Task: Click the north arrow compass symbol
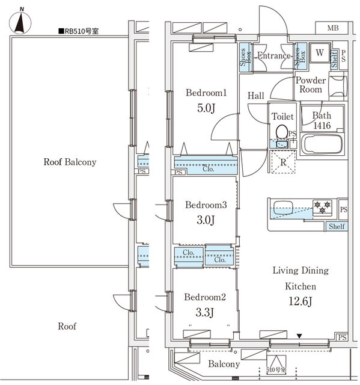tap(20, 22)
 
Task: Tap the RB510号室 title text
tap(79, 31)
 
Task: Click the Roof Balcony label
tap(70, 162)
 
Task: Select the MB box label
tap(333, 28)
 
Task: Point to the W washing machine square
tap(319, 53)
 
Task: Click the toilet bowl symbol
tap(282, 132)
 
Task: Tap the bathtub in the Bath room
tap(322, 144)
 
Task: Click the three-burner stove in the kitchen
tap(322, 207)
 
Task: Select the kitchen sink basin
tap(283, 208)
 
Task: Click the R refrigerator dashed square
tap(283, 162)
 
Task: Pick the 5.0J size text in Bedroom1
tap(206, 108)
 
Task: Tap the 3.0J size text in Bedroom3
tap(206, 220)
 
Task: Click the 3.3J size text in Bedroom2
tap(205, 312)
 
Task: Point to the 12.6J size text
tap(301, 301)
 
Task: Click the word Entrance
tap(274, 56)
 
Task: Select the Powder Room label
tap(311, 85)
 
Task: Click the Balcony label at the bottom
tap(224, 364)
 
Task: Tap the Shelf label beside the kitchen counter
tap(337, 226)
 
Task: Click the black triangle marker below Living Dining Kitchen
tap(299, 336)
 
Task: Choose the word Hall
tap(256, 96)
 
